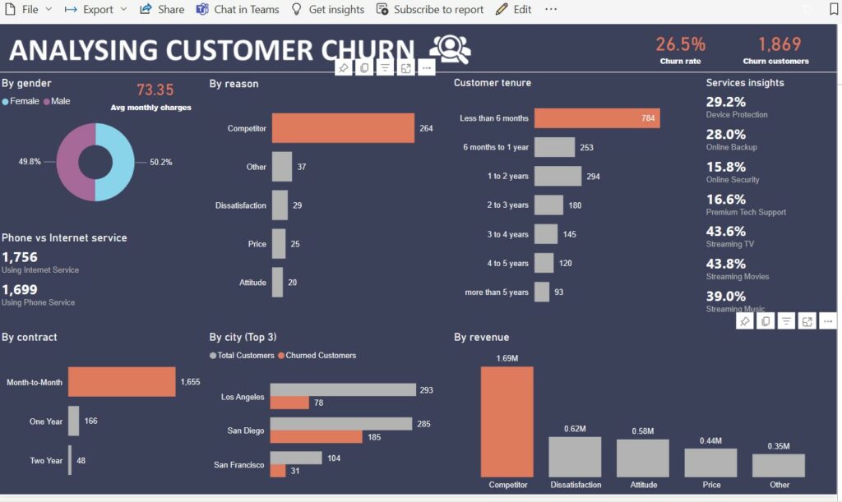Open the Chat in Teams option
tap(238, 9)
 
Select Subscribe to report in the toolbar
tap(430, 9)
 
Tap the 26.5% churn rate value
tap(680, 44)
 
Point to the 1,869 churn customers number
tap(779, 44)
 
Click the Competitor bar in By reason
tap(343, 128)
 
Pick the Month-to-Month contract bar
tap(122, 382)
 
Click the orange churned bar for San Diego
tap(316, 437)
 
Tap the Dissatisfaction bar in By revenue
tap(575, 457)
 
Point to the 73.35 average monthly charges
tap(155, 90)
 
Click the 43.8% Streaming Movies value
tap(726, 264)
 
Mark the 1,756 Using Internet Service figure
tap(20, 257)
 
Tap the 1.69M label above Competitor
tap(507, 358)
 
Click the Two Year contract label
tap(46, 461)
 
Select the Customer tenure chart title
tap(492, 83)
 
